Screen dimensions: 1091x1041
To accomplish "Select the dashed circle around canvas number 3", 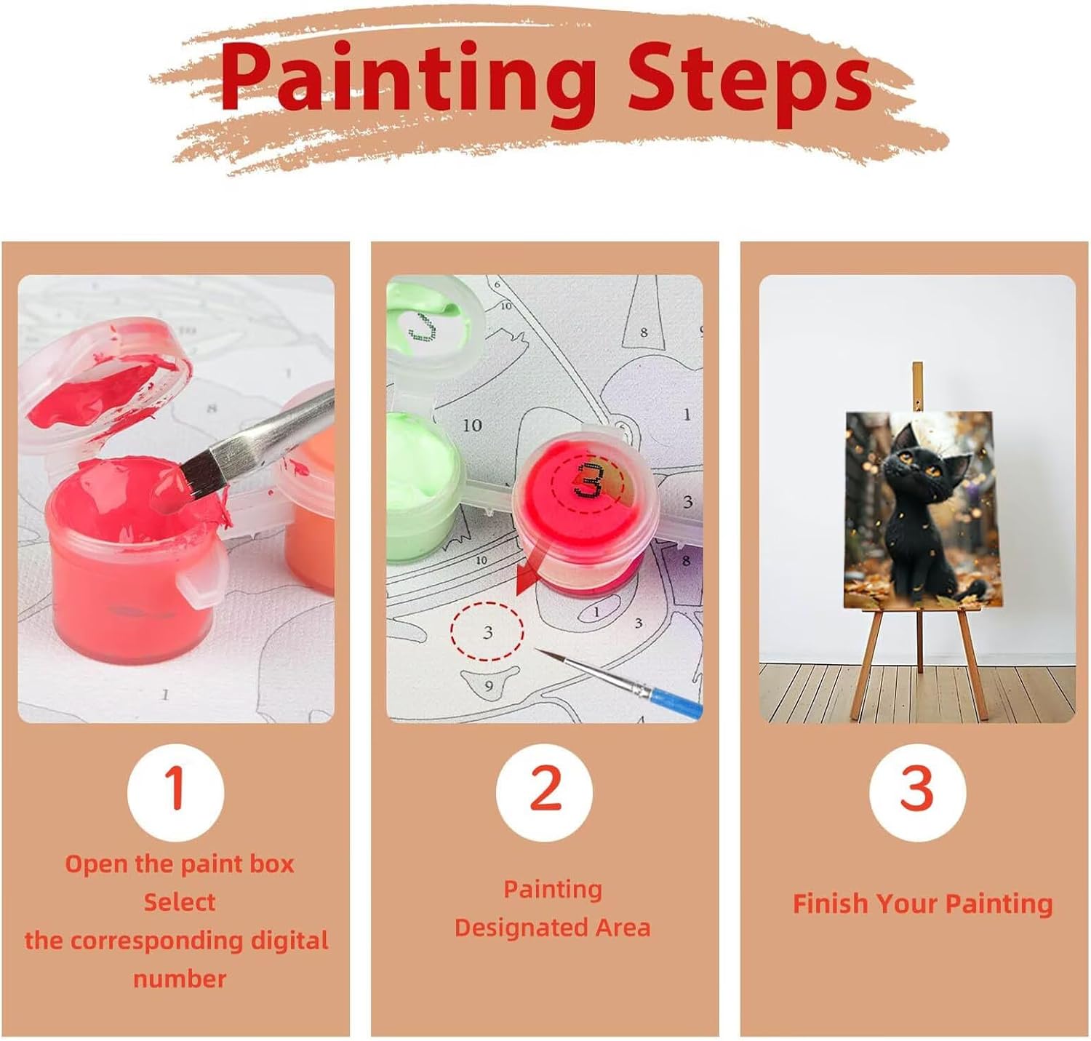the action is [487, 631].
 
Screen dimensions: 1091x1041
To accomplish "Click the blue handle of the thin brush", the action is [676, 701].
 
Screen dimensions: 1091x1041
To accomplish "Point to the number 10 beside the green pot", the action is [472, 426].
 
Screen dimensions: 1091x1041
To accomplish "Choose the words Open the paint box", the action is [179, 864].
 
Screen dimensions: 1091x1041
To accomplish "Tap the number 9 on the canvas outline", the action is [488, 686].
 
